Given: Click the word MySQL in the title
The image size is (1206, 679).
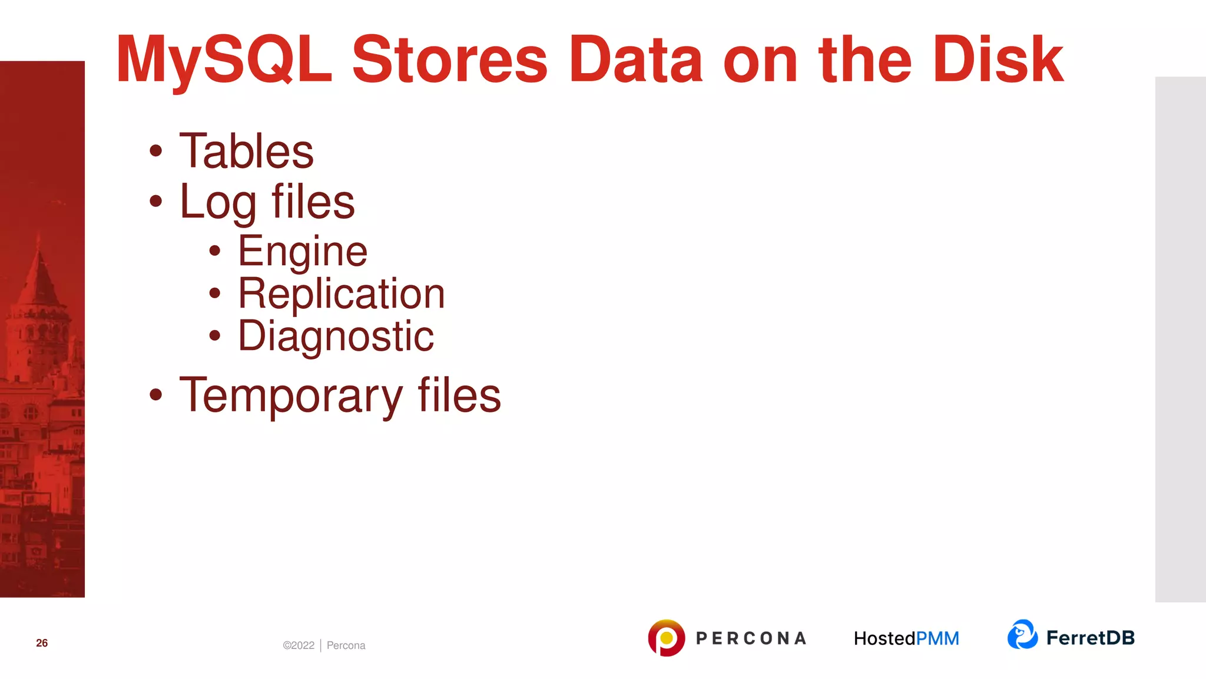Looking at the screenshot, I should click(x=224, y=60).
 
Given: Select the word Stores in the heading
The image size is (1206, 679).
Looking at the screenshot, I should click(x=450, y=60).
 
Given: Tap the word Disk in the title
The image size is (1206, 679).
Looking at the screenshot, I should click(x=998, y=60).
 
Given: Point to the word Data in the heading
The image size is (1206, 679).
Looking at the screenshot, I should click(x=635, y=60).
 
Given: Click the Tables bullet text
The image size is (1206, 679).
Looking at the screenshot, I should click(x=246, y=151).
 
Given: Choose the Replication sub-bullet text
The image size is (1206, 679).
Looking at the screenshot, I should click(x=342, y=294).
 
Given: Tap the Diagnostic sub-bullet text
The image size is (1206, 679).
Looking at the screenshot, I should click(x=336, y=337).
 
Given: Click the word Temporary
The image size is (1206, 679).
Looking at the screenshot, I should click(x=291, y=395).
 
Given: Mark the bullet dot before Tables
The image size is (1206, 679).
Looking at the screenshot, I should click(x=155, y=151).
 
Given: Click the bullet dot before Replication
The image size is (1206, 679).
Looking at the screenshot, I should click(x=215, y=293).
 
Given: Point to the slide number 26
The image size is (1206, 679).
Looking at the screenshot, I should click(x=42, y=643).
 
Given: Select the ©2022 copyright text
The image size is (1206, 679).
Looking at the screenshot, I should click(x=299, y=645).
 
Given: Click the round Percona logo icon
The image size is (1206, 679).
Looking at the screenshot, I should click(x=666, y=638).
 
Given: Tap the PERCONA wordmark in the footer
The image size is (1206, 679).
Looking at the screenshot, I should click(x=751, y=638).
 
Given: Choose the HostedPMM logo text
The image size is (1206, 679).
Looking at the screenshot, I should click(x=906, y=638).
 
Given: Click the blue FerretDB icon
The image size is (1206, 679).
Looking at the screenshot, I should click(x=1022, y=635).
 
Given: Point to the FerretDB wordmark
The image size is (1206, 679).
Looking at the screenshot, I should click(x=1090, y=638).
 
